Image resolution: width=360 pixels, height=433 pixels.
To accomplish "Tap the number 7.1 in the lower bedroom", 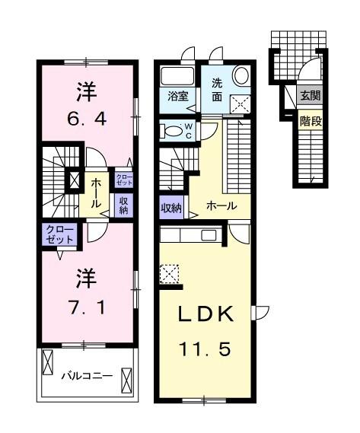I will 86,308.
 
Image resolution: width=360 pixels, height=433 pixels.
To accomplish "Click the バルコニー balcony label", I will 87,375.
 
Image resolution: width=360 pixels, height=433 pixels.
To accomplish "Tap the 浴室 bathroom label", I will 178,97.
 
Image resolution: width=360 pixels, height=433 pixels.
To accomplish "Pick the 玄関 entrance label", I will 309,96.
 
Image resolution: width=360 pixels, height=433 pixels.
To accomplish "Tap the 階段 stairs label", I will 309,119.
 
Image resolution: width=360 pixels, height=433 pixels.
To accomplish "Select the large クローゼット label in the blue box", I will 57,234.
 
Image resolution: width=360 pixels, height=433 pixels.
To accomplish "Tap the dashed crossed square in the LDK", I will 170,272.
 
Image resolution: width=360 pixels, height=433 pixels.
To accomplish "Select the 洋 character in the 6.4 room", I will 85,92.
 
